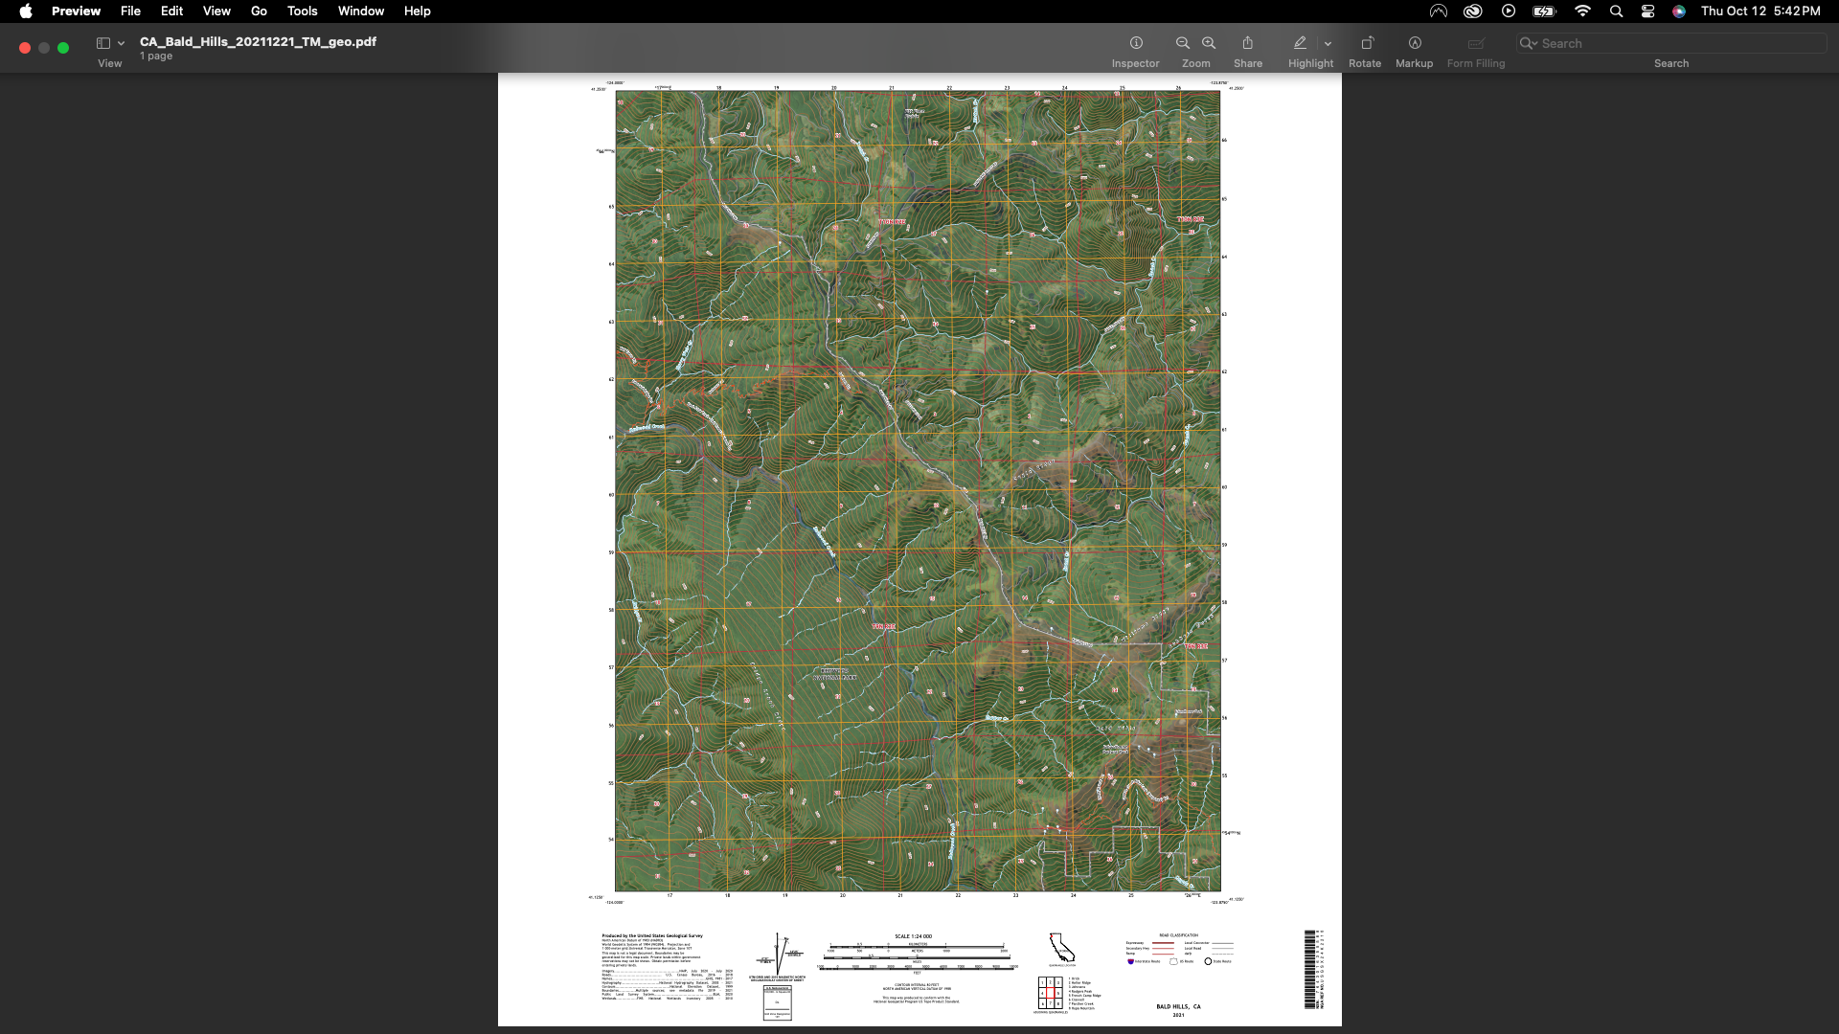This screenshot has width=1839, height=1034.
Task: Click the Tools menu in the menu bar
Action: [302, 11]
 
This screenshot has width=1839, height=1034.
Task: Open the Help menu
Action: [417, 11]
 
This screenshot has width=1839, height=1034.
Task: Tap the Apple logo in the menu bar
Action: [26, 11]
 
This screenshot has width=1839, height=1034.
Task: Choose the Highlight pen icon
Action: [1300, 43]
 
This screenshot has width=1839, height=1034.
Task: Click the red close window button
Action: [25, 48]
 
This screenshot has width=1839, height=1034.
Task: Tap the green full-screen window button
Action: [63, 48]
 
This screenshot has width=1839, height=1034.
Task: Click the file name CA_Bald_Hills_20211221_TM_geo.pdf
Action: [258, 41]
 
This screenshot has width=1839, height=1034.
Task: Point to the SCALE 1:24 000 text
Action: [913, 936]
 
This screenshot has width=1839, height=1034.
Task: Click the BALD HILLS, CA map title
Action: [1178, 1007]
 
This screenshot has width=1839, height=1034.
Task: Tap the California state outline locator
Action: [1061, 948]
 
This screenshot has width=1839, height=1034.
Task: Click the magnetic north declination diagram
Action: [778, 951]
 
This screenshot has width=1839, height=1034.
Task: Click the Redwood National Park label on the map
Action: [834, 674]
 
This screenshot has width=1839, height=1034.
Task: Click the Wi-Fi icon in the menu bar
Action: [1582, 11]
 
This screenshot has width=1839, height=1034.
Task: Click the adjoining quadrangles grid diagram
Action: [1050, 994]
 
